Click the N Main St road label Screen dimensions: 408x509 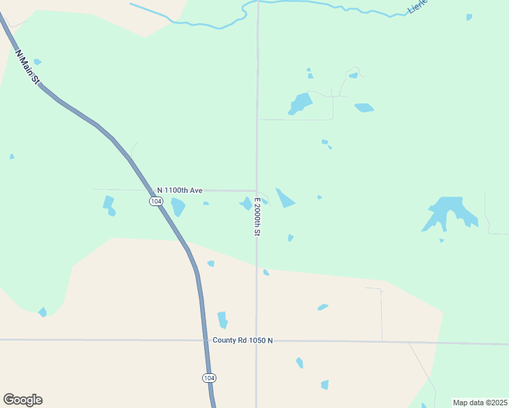(27, 66)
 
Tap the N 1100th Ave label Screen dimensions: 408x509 (180, 190)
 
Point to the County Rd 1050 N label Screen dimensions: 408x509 (242, 340)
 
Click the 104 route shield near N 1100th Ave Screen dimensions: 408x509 (156, 201)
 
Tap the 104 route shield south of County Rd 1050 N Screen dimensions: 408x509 (210, 377)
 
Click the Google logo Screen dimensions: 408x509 (22, 400)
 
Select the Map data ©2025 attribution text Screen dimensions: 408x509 (479, 403)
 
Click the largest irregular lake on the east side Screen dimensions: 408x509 (449, 211)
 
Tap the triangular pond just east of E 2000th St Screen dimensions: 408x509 (284, 198)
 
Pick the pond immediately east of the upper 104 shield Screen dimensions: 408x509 (178, 206)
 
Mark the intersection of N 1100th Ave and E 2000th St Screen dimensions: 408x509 (257, 191)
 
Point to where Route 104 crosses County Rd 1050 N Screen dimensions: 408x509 (206, 340)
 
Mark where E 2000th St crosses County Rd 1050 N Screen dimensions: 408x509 (257, 340)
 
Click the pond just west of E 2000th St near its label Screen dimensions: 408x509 (246, 203)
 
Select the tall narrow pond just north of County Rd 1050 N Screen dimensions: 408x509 (222, 320)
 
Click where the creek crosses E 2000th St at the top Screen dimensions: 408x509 (258, 2)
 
